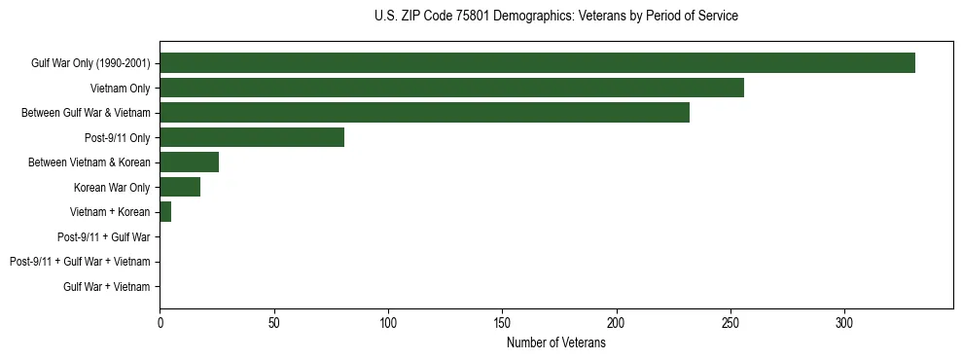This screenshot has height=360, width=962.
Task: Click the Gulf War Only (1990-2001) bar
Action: [x=537, y=63]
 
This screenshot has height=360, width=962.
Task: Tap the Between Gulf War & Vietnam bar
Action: [x=424, y=113]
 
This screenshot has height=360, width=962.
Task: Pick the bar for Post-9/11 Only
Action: [x=252, y=137]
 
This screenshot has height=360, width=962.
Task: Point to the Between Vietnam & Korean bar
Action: [x=189, y=162]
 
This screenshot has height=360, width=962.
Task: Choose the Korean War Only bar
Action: [x=180, y=187]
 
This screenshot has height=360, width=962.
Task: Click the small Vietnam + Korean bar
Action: [x=165, y=212]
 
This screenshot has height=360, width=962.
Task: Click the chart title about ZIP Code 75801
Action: [x=555, y=17]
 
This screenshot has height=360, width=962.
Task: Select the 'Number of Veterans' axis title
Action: [x=555, y=343]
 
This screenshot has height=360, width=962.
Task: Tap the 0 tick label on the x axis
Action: [x=160, y=321]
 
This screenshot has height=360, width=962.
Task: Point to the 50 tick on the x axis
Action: [x=274, y=321]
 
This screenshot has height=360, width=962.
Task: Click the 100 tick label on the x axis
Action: [x=388, y=321]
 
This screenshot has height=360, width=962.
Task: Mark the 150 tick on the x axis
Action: [x=502, y=321]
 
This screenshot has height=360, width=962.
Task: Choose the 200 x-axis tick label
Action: [x=617, y=321]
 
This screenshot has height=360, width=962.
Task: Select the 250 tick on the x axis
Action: [x=730, y=321]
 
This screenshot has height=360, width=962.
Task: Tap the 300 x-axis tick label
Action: [x=844, y=321]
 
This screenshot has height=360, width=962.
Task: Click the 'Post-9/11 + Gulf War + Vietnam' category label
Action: [x=80, y=262]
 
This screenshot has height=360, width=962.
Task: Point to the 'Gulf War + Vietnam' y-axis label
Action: [x=107, y=287]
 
